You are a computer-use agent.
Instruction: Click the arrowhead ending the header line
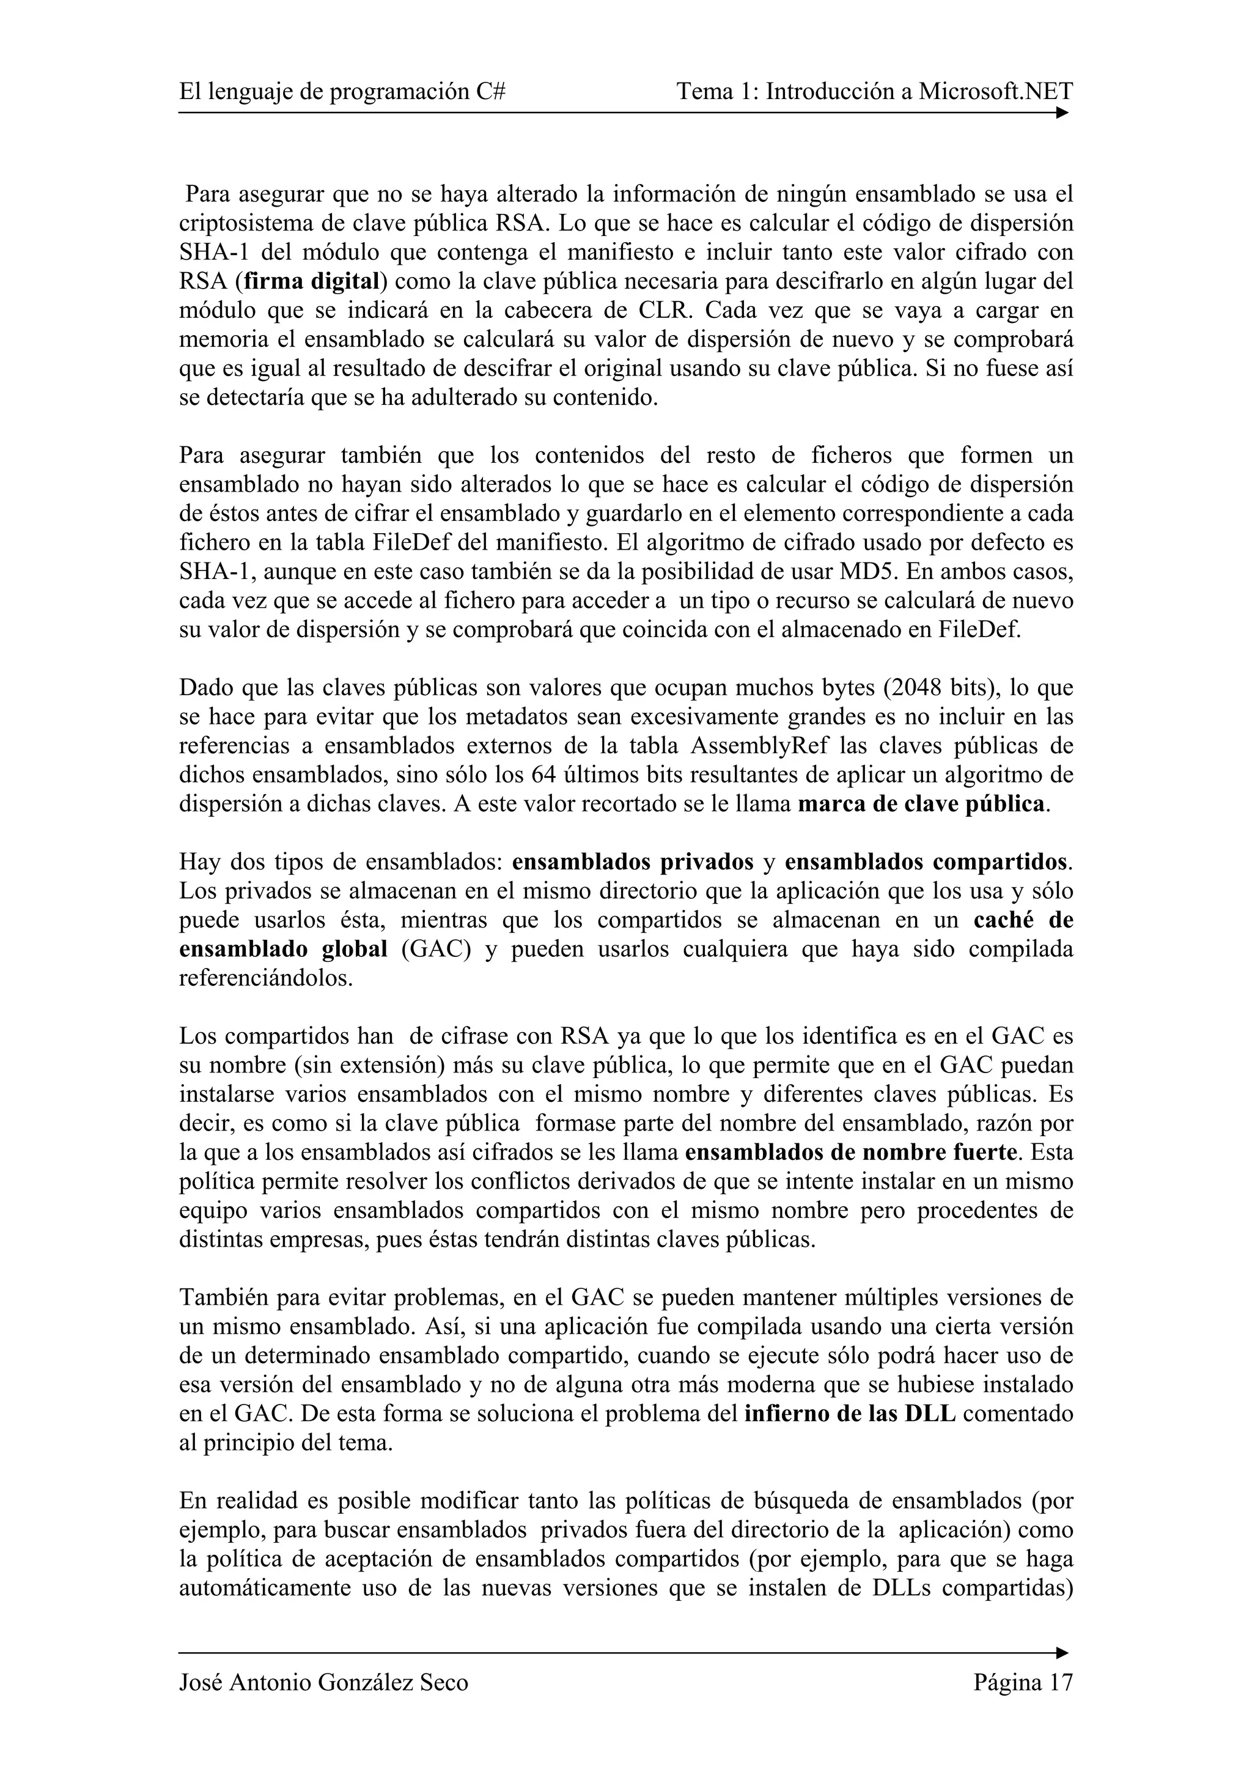[x=1062, y=114]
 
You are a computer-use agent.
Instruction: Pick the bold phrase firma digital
[x=312, y=282]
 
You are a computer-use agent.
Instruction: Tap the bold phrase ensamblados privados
[x=633, y=862]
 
